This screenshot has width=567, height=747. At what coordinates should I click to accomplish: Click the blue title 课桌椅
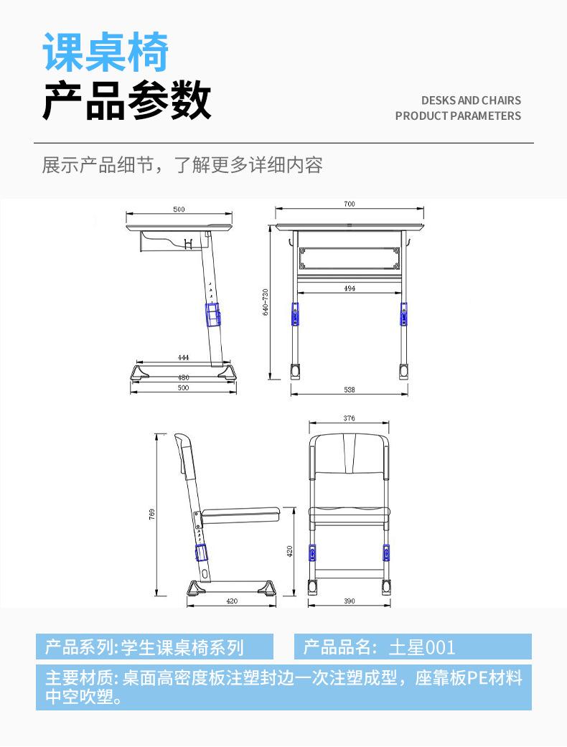(x=106, y=52)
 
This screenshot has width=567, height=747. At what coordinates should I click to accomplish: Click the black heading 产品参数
(x=127, y=101)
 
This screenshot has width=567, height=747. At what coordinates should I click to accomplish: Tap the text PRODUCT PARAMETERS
(x=458, y=116)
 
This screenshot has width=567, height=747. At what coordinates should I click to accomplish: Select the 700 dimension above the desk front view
(x=349, y=205)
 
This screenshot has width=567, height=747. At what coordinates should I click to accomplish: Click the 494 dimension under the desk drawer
(x=350, y=288)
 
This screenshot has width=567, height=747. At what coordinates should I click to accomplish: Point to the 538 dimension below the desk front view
(x=350, y=390)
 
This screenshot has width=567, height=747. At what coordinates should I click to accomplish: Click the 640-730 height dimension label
(x=266, y=302)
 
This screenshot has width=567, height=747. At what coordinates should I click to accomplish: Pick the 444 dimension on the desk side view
(x=183, y=357)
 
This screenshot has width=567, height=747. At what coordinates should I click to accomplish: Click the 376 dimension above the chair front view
(x=349, y=418)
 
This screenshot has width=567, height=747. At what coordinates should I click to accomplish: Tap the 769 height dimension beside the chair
(x=152, y=515)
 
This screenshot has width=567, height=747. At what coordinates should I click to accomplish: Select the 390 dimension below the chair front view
(x=350, y=601)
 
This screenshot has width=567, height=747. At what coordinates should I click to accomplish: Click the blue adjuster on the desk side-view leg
(x=214, y=314)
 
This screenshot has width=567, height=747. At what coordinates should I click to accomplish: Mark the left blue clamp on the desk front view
(x=295, y=314)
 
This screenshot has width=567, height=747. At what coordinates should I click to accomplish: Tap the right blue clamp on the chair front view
(x=386, y=553)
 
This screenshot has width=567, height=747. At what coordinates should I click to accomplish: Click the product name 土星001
(x=422, y=647)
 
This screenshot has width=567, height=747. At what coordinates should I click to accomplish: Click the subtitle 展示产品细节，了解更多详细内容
(x=182, y=165)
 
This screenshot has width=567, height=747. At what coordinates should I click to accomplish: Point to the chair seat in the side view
(x=240, y=514)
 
